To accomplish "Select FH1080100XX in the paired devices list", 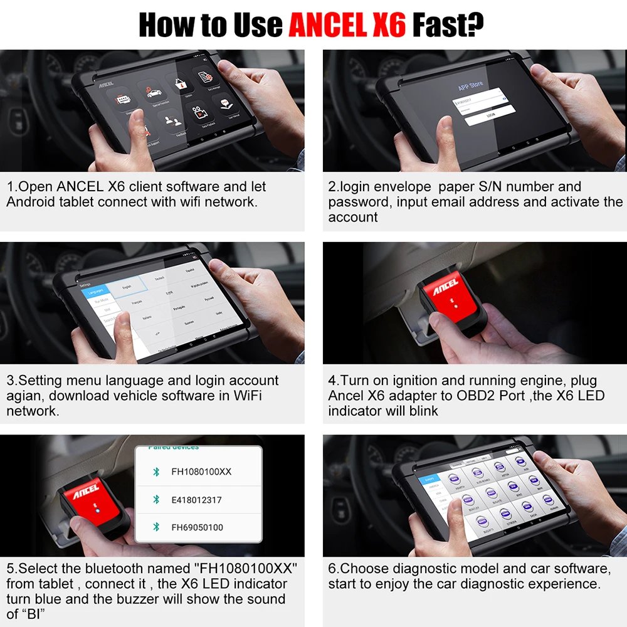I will point(201,471).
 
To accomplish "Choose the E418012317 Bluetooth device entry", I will point(196,500).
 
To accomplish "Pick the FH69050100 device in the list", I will point(197,527).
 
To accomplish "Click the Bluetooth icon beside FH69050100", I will point(156,527).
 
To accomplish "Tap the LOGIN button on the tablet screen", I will point(491,115).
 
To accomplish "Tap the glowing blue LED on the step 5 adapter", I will point(97,510).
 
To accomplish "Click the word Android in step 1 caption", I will point(30,202).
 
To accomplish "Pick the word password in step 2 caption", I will point(356,202).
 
